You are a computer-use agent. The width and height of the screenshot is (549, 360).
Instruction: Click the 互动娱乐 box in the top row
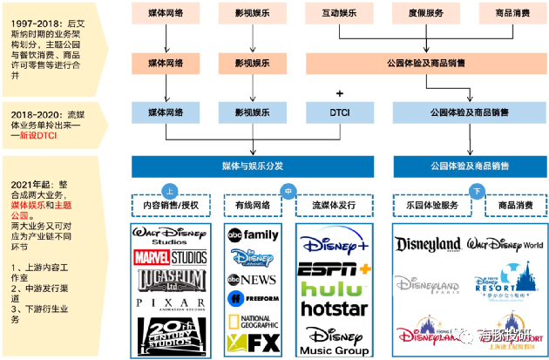[340, 14]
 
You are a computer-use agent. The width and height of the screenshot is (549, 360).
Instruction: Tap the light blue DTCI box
[340, 112]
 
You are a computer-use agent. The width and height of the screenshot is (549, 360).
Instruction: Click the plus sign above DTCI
[340, 93]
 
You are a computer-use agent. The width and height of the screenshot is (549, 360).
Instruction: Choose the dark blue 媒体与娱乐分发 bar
[252, 166]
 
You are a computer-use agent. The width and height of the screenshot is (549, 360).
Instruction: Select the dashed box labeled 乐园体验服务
[426, 206]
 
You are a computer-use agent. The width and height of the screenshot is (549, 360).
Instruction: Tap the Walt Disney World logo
[506, 245]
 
